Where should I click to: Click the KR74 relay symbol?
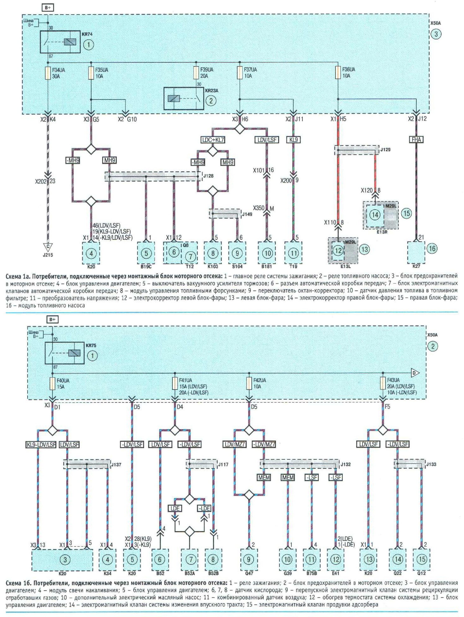click(60, 42)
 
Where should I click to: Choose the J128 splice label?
click(208, 176)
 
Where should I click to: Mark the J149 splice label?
click(247, 214)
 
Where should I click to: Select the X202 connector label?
click(41, 181)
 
